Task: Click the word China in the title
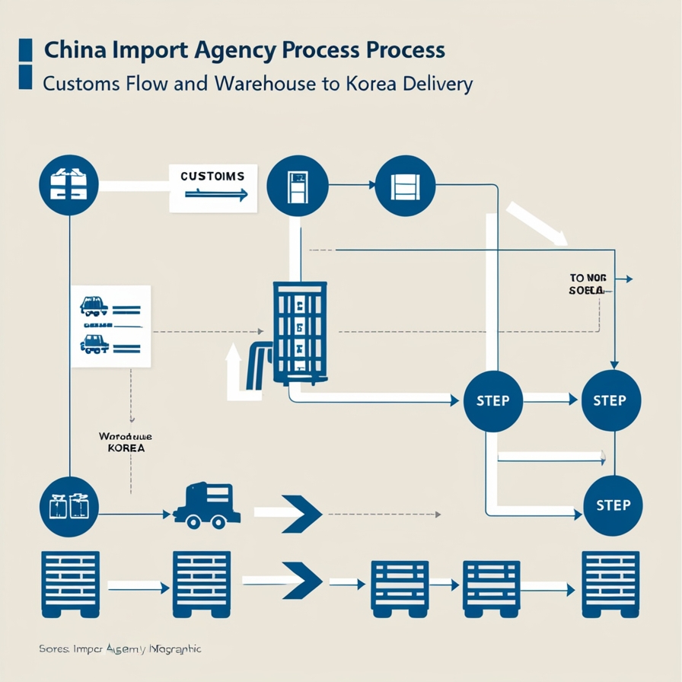tap(75, 50)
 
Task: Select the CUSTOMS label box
tap(213, 186)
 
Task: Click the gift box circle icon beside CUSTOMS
tap(69, 186)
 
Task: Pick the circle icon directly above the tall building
tap(298, 186)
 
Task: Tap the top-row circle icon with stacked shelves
tap(405, 186)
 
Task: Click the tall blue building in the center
tap(300, 332)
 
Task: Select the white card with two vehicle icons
tap(111, 327)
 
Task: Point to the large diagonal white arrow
tap(537, 223)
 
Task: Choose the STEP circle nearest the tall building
tap(492, 400)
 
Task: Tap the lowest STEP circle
tap(613, 505)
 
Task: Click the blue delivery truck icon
tap(207, 505)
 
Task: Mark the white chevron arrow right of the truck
tap(289, 514)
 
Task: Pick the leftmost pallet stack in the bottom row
tap(69, 583)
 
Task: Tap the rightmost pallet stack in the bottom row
tap(610, 583)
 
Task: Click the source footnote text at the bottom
tap(120, 649)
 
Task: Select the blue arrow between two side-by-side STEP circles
tap(551, 398)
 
